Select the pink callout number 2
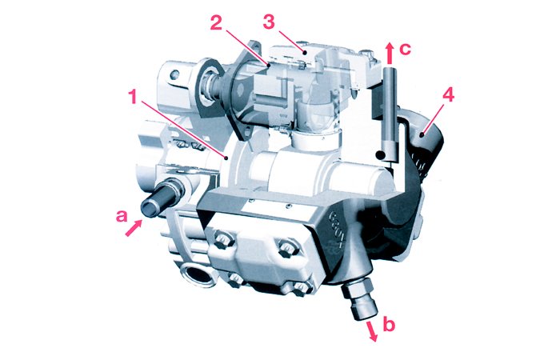[215, 23]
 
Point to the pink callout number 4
[449, 94]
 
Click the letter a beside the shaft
[121, 215]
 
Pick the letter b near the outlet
[388, 326]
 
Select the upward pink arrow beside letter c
[389, 52]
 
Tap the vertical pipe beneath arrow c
[390, 112]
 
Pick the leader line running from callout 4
[436, 114]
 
